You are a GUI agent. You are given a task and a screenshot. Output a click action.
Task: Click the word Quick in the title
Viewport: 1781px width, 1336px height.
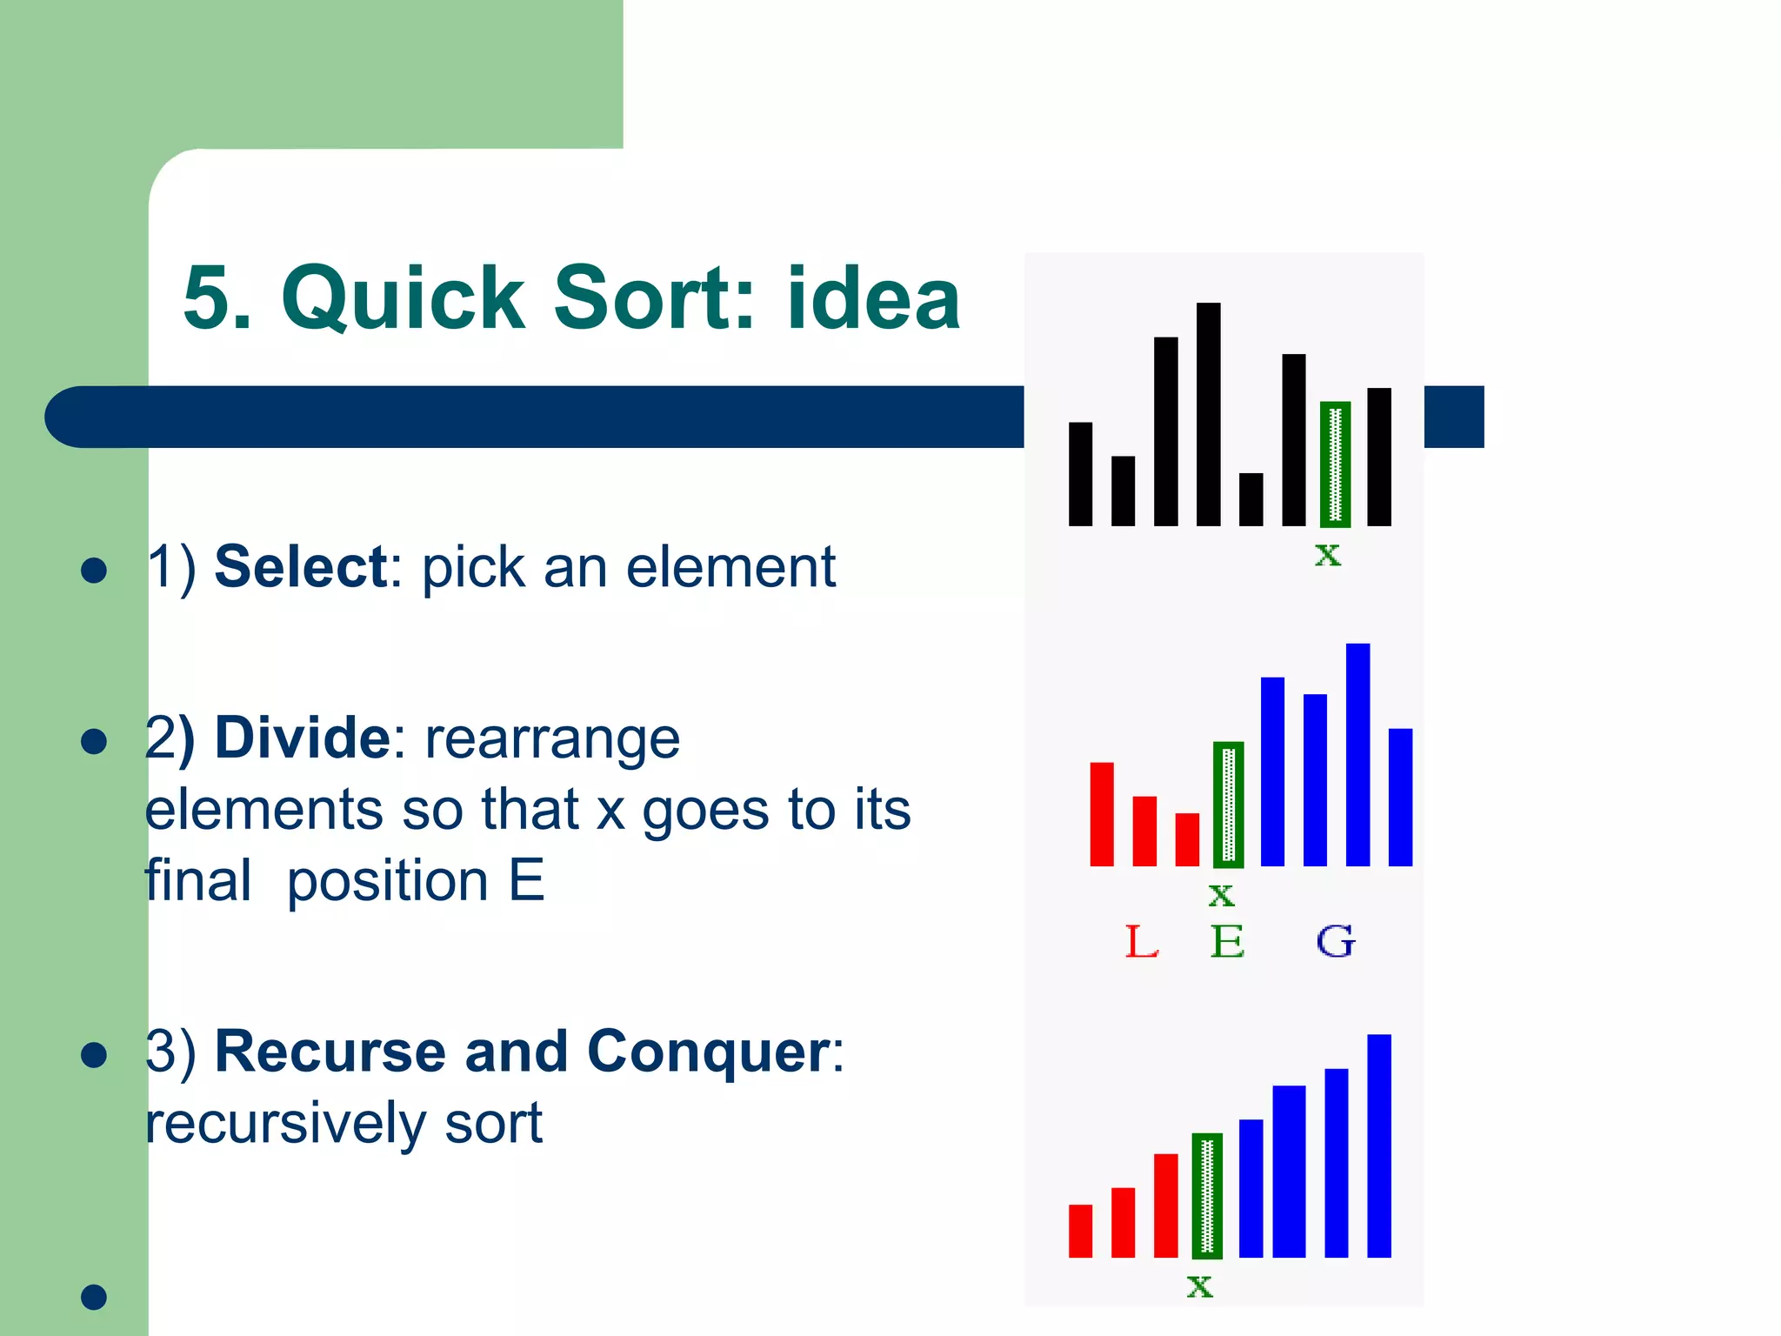404,298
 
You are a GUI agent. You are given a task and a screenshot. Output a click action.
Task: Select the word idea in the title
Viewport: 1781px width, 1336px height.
873,298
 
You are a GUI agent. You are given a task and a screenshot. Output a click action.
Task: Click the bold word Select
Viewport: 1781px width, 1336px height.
301,567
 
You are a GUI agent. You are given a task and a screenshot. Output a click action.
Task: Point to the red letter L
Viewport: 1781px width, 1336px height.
1141,942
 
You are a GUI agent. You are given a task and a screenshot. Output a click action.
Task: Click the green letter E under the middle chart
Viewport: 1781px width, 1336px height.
1227,942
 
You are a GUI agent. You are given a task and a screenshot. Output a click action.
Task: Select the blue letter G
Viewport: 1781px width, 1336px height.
1335,942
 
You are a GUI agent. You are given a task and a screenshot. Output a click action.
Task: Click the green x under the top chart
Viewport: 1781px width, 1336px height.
1327,554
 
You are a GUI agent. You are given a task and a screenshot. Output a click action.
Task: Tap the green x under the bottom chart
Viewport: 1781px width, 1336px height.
1199,1286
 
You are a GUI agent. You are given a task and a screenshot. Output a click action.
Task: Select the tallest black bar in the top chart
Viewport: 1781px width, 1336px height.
1208,414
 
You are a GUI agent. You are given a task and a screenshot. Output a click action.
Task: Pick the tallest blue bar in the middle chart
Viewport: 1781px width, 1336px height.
1357,754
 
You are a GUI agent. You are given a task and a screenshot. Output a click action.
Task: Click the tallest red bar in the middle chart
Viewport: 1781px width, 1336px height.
1102,814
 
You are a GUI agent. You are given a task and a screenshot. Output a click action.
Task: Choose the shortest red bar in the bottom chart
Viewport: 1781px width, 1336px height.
1080,1231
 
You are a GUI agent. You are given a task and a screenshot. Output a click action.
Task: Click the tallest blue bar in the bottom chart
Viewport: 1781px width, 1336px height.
1378,1146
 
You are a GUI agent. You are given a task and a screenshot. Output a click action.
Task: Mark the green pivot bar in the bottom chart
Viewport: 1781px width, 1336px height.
1207,1196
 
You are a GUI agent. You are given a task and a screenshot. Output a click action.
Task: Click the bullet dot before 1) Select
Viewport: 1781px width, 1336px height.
93,571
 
